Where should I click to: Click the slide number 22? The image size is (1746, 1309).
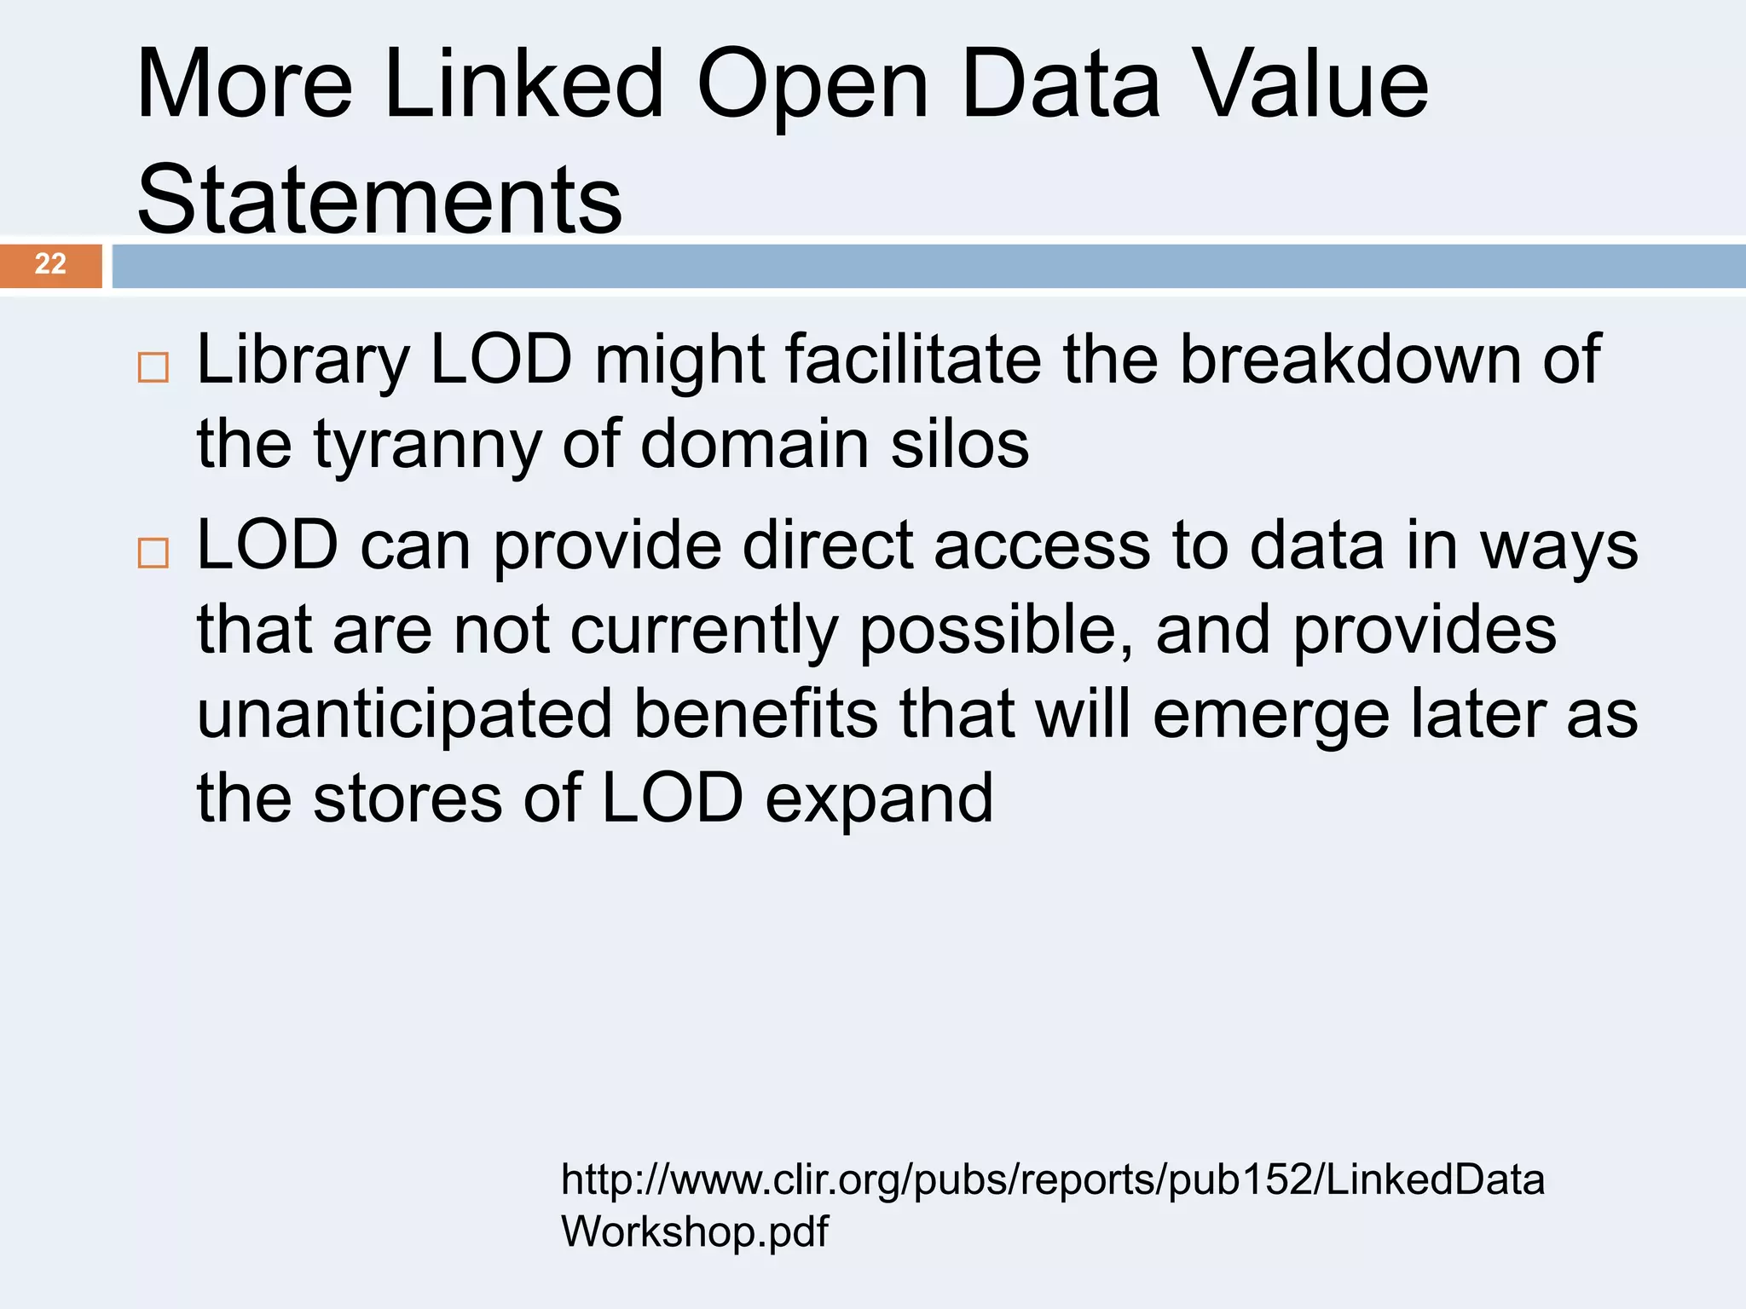[x=50, y=264]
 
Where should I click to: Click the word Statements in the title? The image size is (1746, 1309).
[x=379, y=199]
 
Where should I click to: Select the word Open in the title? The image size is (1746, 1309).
[x=812, y=85]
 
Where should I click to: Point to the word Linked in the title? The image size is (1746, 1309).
[x=523, y=84]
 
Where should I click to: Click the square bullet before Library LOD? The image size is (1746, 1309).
[x=153, y=367]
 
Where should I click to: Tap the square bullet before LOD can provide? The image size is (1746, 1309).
[x=153, y=553]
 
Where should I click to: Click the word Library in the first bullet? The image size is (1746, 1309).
[x=303, y=360]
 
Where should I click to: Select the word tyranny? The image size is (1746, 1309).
[x=427, y=446]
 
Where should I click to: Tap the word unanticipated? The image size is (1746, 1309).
[x=404, y=714]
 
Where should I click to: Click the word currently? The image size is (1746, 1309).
[x=704, y=631]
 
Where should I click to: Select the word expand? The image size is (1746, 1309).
[x=879, y=799]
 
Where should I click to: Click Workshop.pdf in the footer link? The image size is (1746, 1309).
[x=694, y=1231]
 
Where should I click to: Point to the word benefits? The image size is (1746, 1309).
[x=755, y=713]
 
